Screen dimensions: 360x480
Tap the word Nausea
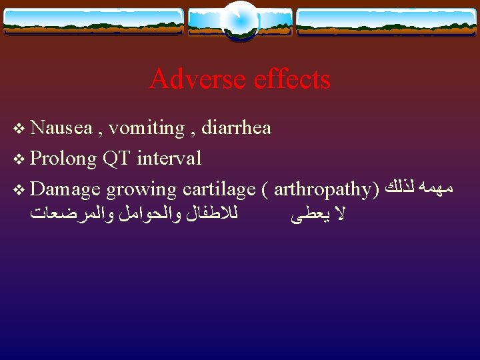(61, 127)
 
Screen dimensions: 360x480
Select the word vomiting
(146, 128)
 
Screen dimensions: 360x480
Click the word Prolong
(64, 159)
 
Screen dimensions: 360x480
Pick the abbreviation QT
(117, 159)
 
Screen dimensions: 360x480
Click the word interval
(169, 158)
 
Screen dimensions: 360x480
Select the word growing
(141, 190)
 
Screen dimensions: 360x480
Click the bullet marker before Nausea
(18, 128)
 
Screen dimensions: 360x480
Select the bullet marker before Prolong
(18, 159)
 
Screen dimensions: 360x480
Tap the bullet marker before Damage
(18, 189)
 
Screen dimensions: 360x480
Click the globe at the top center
(239, 20)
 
